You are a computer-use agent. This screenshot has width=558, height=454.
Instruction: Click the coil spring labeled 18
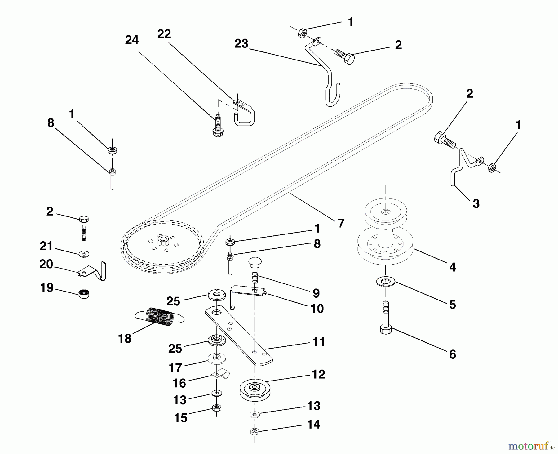coord(160,317)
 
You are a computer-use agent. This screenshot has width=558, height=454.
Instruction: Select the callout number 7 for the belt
coord(341,223)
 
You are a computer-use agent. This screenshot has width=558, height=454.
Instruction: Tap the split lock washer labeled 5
coord(386,282)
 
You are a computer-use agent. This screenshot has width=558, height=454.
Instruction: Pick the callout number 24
coord(132,40)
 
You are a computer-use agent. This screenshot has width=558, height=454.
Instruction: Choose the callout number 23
coord(241,44)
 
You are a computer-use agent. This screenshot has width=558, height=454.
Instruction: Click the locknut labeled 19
coord(84,293)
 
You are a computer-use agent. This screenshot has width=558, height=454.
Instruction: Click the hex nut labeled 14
coord(255,431)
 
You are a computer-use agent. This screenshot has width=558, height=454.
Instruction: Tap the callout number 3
coord(476,203)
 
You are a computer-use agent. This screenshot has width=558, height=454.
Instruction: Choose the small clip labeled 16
coord(221,374)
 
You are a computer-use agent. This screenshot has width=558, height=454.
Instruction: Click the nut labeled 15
coord(217,408)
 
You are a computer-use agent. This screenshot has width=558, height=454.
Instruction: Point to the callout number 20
coord(46,264)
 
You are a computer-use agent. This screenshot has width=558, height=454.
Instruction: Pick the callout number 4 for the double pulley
coord(452,267)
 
